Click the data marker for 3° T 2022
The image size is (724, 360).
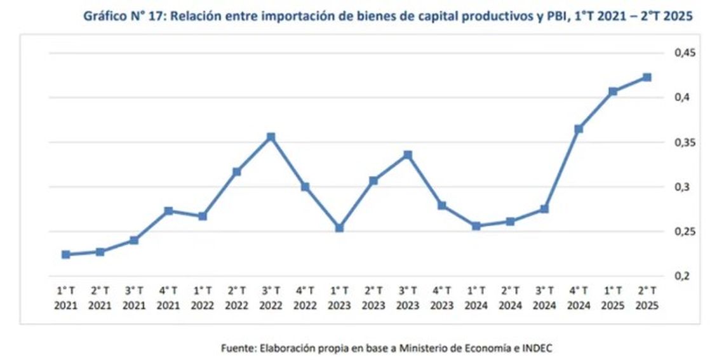click(x=271, y=137)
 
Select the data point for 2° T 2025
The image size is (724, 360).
click(x=647, y=77)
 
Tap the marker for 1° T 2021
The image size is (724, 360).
click(x=65, y=255)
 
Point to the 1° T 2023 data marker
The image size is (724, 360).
click(x=339, y=228)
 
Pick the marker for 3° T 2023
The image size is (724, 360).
click(x=408, y=155)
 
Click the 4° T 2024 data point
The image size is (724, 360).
click(x=579, y=129)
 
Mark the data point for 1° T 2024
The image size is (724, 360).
click(x=476, y=226)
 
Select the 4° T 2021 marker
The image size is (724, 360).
click(x=168, y=211)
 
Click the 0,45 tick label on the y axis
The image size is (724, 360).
click(x=685, y=53)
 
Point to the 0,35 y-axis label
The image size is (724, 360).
click(x=685, y=142)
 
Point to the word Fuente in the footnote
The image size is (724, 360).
click(x=236, y=348)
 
